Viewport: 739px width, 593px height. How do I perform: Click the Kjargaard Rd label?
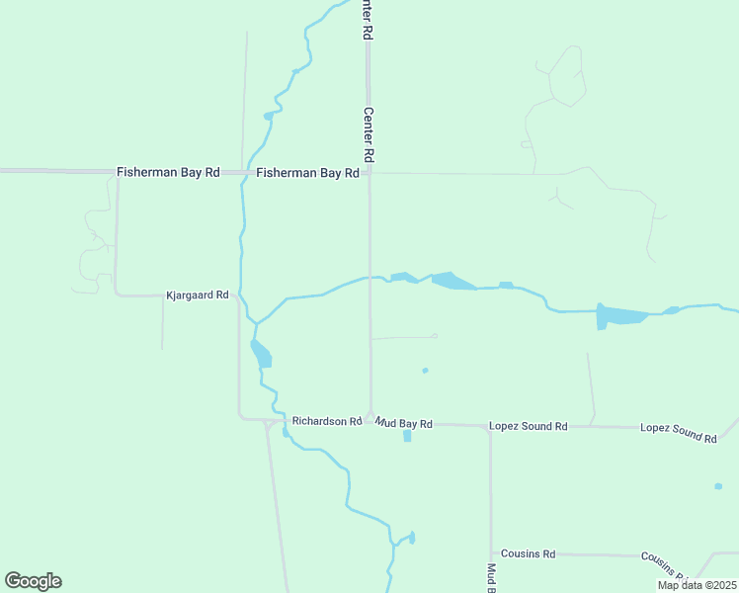point(198,295)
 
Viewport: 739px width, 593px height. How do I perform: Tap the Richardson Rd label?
point(327,421)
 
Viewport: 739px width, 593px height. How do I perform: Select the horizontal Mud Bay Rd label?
point(404,423)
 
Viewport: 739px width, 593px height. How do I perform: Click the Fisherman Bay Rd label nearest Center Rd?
point(307,172)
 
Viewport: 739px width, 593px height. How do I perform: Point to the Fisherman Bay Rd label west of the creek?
point(168,172)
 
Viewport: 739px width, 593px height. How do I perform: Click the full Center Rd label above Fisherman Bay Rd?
point(368,134)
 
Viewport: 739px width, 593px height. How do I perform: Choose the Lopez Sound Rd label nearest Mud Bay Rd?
point(529,426)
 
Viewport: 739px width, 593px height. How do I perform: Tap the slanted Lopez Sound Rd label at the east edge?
point(678,432)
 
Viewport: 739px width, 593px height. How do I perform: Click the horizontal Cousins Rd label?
point(529,554)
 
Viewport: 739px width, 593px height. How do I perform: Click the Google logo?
point(33,581)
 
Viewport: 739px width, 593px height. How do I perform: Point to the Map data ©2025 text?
point(696,585)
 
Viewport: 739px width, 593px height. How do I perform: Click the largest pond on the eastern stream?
point(620,316)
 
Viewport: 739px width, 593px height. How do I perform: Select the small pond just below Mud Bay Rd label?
point(407,436)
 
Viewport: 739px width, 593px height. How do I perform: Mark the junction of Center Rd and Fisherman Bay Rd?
point(369,173)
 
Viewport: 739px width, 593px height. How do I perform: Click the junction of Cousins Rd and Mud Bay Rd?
point(491,554)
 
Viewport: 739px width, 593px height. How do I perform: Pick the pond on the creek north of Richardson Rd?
point(261,353)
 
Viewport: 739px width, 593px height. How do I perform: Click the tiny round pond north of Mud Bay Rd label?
point(425,371)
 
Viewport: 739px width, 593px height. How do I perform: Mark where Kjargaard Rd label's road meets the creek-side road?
point(239,295)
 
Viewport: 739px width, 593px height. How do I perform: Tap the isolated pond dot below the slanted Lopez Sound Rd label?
point(718,486)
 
